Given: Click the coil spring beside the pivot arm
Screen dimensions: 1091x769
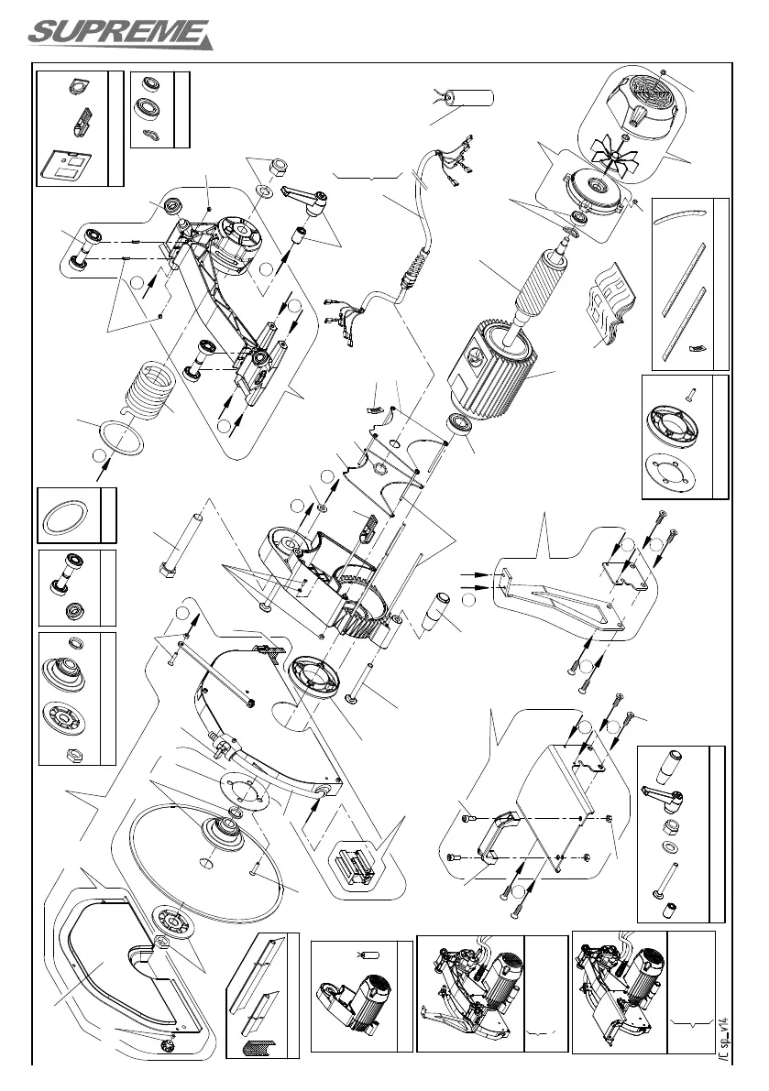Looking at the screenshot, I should click(x=149, y=393).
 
